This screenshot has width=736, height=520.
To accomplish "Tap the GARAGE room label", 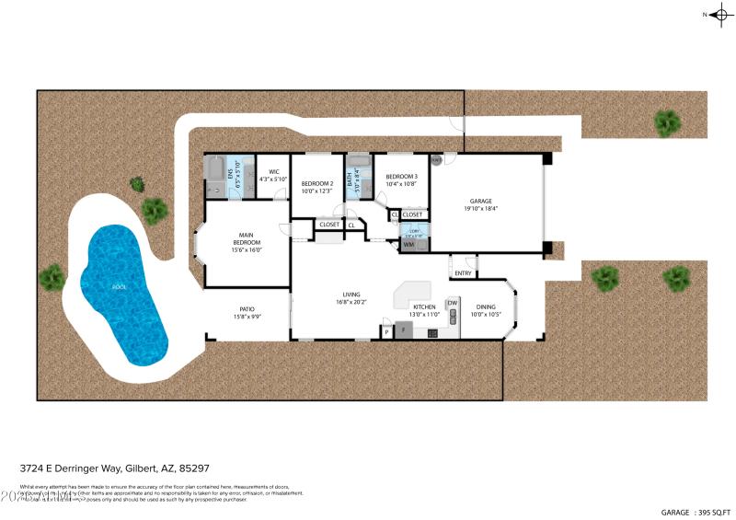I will click(x=481, y=201).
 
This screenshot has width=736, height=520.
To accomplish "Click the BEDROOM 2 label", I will click(x=317, y=184).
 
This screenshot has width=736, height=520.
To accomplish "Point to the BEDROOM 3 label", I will click(x=401, y=177).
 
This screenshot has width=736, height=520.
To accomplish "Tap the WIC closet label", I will click(x=273, y=172).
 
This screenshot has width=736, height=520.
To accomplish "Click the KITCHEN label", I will click(x=424, y=307).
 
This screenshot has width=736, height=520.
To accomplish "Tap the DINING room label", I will click(x=485, y=307).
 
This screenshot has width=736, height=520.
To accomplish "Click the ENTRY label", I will click(x=462, y=272).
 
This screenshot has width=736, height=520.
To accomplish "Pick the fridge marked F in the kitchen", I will click(x=403, y=330).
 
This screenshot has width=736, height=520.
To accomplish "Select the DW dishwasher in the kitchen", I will click(x=452, y=303).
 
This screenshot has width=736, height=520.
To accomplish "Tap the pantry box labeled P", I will click(x=386, y=330).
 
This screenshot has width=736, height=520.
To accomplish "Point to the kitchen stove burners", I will click(x=432, y=332).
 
